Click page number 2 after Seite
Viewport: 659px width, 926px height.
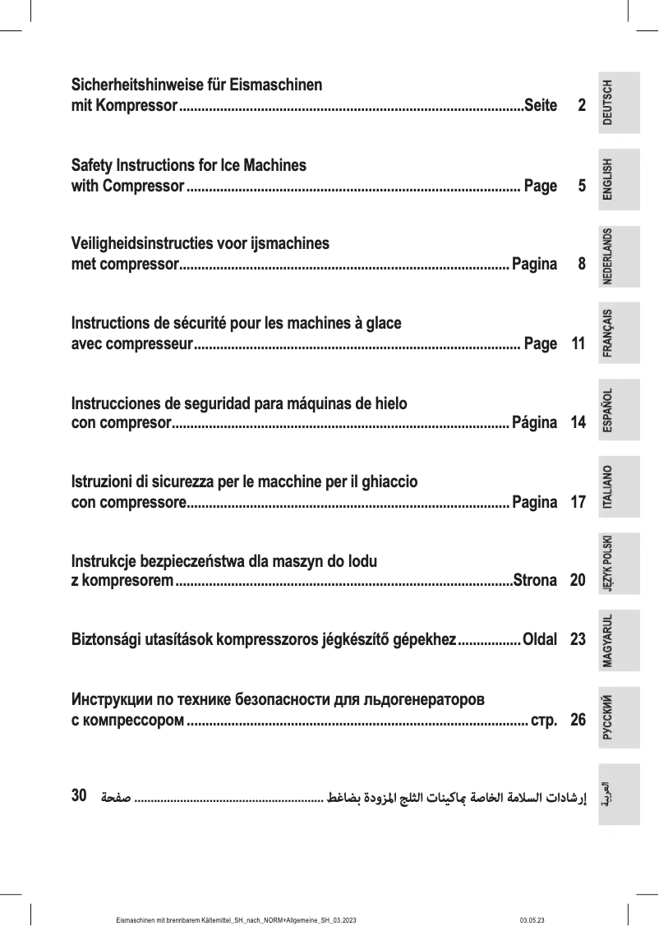click(582, 106)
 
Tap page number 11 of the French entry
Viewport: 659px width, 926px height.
click(578, 344)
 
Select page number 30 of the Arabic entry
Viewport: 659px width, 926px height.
click(80, 795)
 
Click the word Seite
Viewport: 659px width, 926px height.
click(541, 106)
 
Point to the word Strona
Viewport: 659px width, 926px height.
click(535, 582)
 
